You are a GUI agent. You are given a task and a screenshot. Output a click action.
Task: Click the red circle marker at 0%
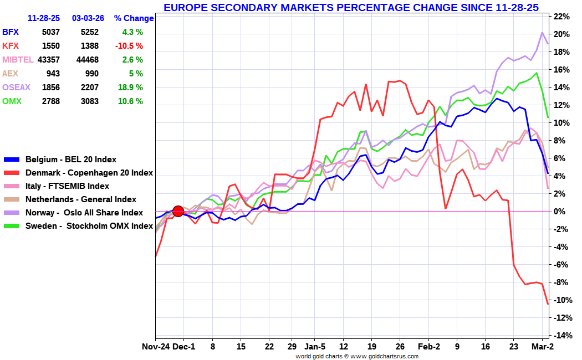(178, 211)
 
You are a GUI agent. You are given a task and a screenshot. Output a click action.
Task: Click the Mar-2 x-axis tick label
(543, 347)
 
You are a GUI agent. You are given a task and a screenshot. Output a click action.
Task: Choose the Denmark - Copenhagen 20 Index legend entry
(89, 173)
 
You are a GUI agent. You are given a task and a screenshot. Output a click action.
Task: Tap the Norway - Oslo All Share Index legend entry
(84, 213)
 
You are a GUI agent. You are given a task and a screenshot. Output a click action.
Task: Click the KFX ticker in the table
(11, 46)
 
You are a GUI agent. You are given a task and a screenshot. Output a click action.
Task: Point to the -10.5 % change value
(129, 46)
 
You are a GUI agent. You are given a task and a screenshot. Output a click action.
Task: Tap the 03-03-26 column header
(88, 18)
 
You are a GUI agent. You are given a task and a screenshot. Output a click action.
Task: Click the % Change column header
(134, 18)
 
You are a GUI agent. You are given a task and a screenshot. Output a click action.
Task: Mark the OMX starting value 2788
(50, 101)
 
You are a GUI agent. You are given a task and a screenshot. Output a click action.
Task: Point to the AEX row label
(11, 74)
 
